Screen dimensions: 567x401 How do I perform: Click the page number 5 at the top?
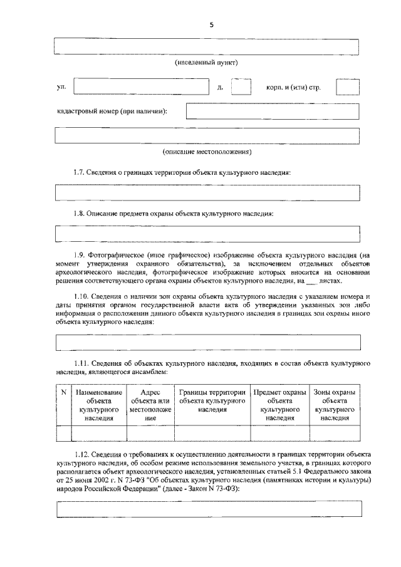(x=211, y=24)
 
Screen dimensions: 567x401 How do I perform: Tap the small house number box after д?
(x=241, y=87)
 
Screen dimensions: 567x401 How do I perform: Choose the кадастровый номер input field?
(x=273, y=112)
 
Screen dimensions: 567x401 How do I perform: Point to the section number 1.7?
(x=80, y=172)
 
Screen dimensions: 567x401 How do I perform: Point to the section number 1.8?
(x=80, y=213)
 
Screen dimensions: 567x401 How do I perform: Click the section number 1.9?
(x=80, y=254)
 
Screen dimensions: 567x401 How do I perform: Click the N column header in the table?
(x=63, y=393)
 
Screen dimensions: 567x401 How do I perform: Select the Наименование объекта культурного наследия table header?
(x=100, y=405)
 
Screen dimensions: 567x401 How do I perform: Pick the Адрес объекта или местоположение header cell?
(x=150, y=405)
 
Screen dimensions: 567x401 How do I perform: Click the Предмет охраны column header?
(x=279, y=405)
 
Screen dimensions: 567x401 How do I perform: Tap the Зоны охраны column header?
(x=335, y=405)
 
